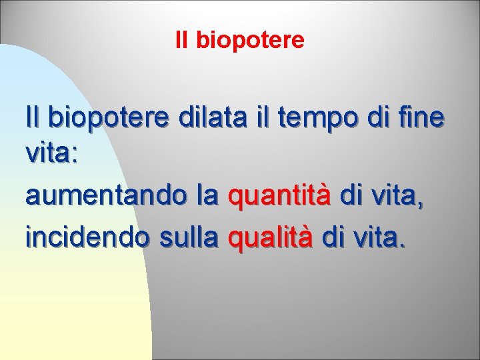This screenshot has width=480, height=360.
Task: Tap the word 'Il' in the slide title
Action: tap(182, 41)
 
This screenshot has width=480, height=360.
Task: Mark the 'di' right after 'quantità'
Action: tap(353, 196)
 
